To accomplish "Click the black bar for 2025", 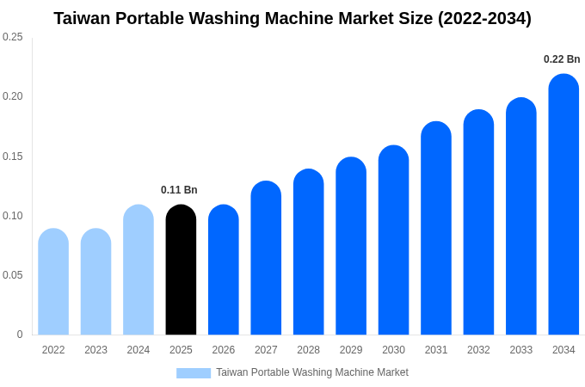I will point(181,270).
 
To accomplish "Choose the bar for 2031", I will point(436,229).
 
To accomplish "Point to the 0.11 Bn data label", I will point(179,190).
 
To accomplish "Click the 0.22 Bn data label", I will point(562,59).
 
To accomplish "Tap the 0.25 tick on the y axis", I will point(13,37).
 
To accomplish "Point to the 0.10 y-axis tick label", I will point(13,216).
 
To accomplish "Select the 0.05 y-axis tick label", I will point(13,275).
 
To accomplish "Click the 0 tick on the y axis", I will point(20,335).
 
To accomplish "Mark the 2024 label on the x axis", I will point(139,350).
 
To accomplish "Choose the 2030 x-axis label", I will point(393,350).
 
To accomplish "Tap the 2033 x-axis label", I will point(521,350).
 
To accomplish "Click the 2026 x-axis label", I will point(224,350).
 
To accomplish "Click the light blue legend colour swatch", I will point(194,373).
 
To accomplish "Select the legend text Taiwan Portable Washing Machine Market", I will point(311,372).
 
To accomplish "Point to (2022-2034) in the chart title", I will point(484,18).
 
